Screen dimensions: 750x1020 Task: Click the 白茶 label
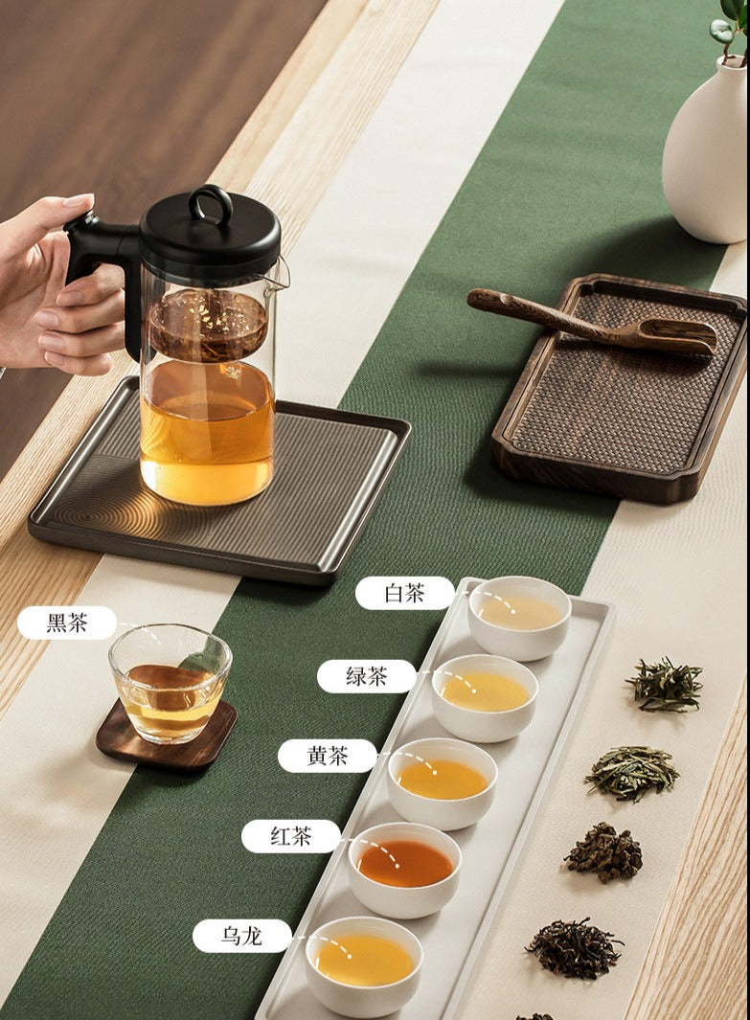[x=404, y=593]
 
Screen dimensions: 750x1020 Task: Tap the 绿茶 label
[x=366, y=676]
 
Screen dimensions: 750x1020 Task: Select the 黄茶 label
[x=328, y=756]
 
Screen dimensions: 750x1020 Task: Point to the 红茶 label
[x=291, y=836]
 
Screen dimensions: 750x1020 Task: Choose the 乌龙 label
[x=242, y=936]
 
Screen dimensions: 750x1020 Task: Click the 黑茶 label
[x=67, y=623]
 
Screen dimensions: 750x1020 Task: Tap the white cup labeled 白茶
[x=519, y=618]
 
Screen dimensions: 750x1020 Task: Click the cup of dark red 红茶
[x=404, y=869]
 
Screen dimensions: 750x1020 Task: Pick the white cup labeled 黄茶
[x=443, y=783]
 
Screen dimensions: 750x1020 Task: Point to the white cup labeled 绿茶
[x=485, y=697]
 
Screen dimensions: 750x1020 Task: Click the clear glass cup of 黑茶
[x=170, y=683]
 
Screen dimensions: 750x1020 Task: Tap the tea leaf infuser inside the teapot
[x=208, y=326]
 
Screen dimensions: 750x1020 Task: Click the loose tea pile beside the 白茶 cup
[x=665, y=684]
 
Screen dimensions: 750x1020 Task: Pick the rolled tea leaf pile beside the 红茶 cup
[x=603, y=852]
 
